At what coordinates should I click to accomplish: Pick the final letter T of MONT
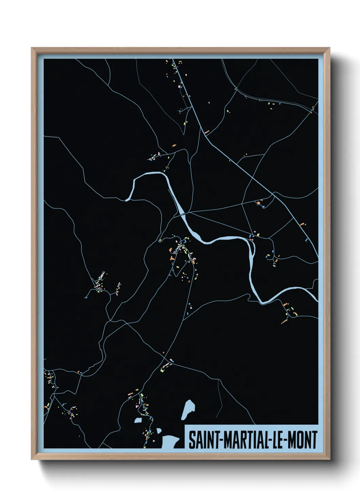point(314,440)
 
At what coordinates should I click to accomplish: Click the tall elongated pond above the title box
point(188,409)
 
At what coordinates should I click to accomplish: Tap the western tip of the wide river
point(127,200)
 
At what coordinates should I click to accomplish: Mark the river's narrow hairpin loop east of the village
point(252,252)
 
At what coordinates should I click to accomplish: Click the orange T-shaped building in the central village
point(172,259)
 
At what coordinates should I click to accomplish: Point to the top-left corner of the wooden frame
point(32,48)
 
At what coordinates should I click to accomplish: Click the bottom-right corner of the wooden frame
point(329,459)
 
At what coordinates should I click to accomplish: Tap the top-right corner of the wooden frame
point(329,48)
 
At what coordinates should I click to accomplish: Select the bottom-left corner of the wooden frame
point(32,459)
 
